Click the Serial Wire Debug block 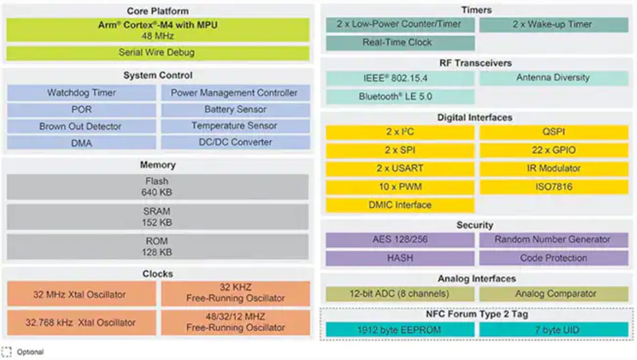pyautogui.click(x=157, y=52)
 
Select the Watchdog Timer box pyautogui.click(x=81, y=93)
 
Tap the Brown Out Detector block pyautogui.click(x=81, y=126)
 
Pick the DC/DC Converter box pyautogui.click(x=235, y=142)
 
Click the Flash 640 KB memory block pyautogui.click(x=157, y=186)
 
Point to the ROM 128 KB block pyautogui.click(x=157, y=246)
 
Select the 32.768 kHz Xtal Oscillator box pyautogui.click(x=81, y=322)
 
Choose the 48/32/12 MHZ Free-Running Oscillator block pyautogui.click(x=235, y=322)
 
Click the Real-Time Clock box pyautogui.click(x=399, y=43)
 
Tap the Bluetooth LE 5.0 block pyautogui.click(x=399, y=97)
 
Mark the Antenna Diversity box pyautogui.click(x=553, y=78)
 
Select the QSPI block pyautogui.click(x=553, y=132)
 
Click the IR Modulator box pyautogui.click(x=553, y=168)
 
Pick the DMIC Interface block pyautogui.click(x=399, y=205)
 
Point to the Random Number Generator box pyautogui.click(x=553, y=240)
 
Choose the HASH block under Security pyautogui.click(x=399, y=258)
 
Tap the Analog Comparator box pyautogui.click(x=553, y=294)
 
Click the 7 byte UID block pyautogui.click(x=553, y=329)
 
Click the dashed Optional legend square pyautogui.click(x=6, y=352)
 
